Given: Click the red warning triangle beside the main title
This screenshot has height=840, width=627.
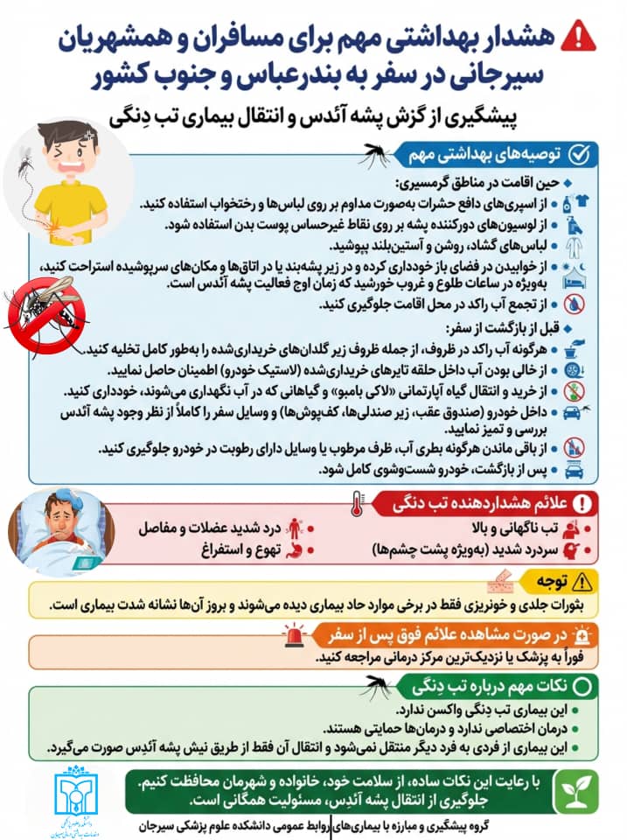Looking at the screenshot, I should pyautogui.click(x=577, y=36).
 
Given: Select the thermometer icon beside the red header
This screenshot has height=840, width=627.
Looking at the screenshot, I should pyautogui.click(x=354, y=505).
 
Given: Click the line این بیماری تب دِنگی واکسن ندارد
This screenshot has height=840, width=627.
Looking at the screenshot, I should pyautogui.click(x=472, y=710).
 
